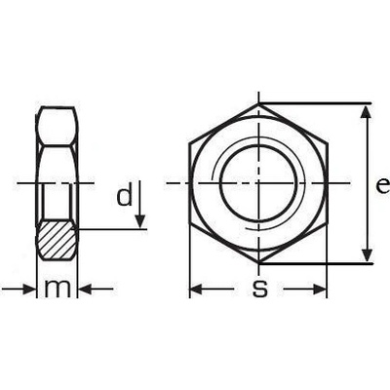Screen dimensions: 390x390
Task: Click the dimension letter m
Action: [x=58, y=289]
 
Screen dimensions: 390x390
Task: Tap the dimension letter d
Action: [x=125, y=194]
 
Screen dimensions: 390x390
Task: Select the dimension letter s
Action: [x=260, y=289]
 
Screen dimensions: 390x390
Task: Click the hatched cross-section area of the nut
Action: [x=57, y=240]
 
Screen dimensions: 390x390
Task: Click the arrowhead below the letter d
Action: [x=139, y=221]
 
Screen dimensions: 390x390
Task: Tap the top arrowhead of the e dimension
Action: [x=367, y=112]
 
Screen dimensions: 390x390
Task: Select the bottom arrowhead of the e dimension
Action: [x=367, y=254]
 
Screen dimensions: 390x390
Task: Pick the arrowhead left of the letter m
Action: [x=28, y=289]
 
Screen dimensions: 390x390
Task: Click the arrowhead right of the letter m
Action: [x=86, y=289]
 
